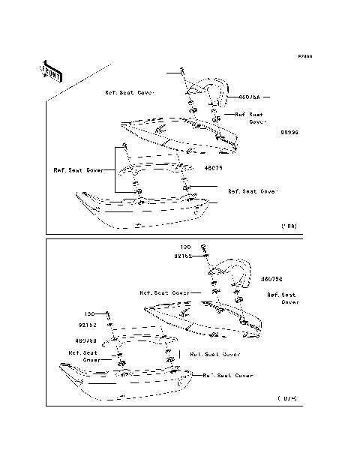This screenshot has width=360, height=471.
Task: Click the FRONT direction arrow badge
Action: [51, 70]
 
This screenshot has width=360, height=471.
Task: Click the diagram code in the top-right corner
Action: [303, 56]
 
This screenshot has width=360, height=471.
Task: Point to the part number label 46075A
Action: [249, 97]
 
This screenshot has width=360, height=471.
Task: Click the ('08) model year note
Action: [289, 225]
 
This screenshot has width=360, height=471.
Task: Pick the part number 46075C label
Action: [271, 279]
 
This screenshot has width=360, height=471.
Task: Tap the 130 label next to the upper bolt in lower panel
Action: [184, 247]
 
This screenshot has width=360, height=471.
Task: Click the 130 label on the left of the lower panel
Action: [88, 313]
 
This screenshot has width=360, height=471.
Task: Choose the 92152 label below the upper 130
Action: [183, 256]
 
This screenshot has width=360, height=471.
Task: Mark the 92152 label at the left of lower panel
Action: [89, 326]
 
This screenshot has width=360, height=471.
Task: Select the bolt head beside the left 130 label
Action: [109, 314]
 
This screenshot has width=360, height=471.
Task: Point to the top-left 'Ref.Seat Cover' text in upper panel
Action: [129, 92]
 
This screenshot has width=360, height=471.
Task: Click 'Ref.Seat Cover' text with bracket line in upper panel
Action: [78, 169]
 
